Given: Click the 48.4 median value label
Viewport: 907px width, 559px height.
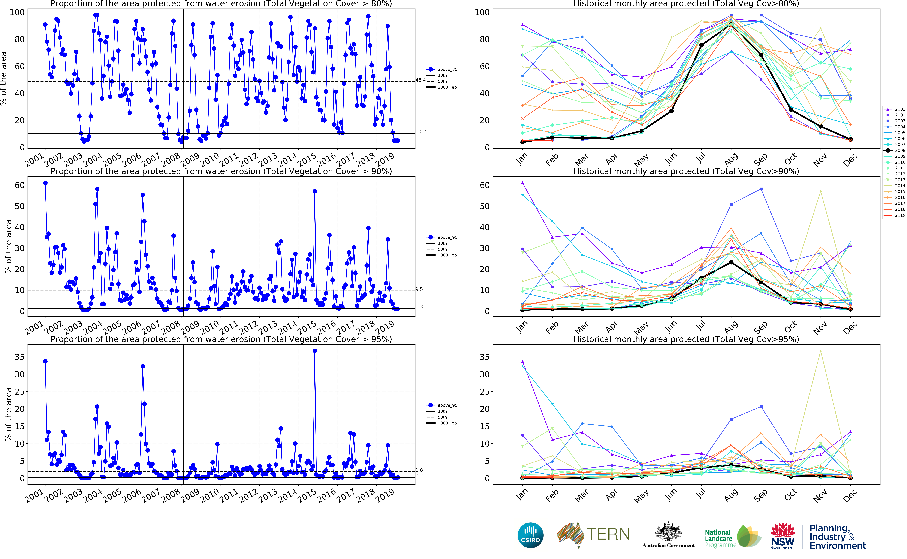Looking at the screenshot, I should click(420, 80).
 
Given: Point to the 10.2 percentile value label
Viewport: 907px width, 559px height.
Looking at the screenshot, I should click(420, 132).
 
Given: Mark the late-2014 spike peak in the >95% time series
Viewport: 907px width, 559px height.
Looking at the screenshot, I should click(314, 351).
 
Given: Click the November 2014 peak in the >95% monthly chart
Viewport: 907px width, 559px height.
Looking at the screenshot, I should click(821, 351).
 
